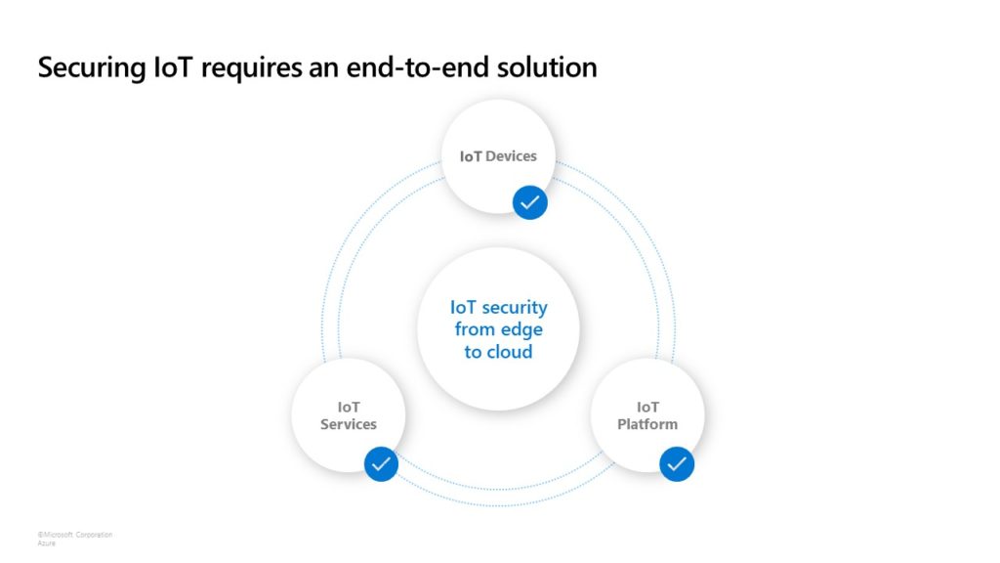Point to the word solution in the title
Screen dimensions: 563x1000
[x=548, y=67]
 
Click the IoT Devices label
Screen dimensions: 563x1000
[x=498, y=156]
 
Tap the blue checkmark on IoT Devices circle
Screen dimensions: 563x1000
[x=529, y=202]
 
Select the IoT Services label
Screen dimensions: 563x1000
[x=349, y=415]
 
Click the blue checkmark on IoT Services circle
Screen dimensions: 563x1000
[x=381, y=463]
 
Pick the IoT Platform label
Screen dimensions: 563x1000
[x=647, y=415]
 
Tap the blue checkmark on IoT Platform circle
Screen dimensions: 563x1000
[x=677, y=463]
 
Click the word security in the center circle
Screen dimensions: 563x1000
[x=515, y=308]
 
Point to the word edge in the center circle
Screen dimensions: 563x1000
[x=521, y=329]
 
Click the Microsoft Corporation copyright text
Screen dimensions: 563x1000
[x=75, y=535]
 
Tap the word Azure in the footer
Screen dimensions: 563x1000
[x=46, y=543]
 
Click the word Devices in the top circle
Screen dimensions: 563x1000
[x=511, y=156]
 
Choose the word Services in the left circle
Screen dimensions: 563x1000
[x=349, y=424]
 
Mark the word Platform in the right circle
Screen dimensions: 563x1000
[x=647, y=424]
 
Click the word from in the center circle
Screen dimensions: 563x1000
[x=475, y=329]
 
